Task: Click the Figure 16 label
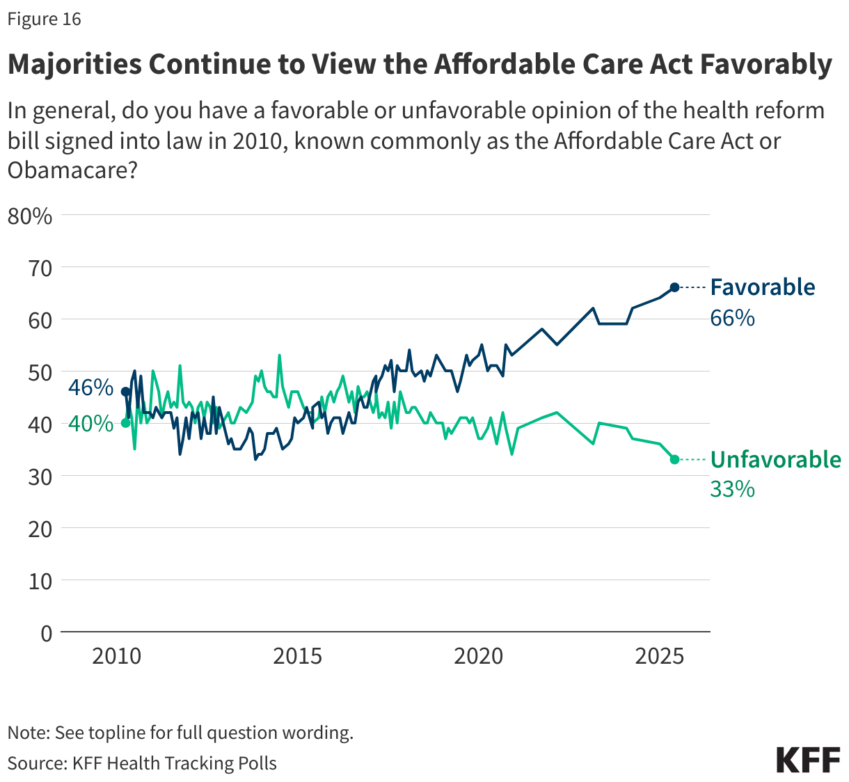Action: click(x=44, y=19)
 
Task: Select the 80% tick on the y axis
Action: click(x=30, y=216)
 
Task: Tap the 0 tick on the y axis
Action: click(x=46, y=633)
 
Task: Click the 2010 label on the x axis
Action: click(x=116, y=656)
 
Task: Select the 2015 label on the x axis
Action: click(x=297, y=656)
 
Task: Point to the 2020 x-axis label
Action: click(x=478, y=656)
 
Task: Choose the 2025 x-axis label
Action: click(x=659, y=656)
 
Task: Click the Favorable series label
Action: click(x=762, y=287)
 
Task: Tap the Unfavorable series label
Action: click(x=775, y=460)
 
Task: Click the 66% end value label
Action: click(x=732, y=319)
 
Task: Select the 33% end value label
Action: click(x=732, y=490)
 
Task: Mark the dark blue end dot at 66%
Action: click(x=674, y=287)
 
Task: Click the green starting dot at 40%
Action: click(x=125, y=423)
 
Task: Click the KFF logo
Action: click(x=808, y=760)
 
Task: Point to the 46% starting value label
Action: click(x=90, y=388)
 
